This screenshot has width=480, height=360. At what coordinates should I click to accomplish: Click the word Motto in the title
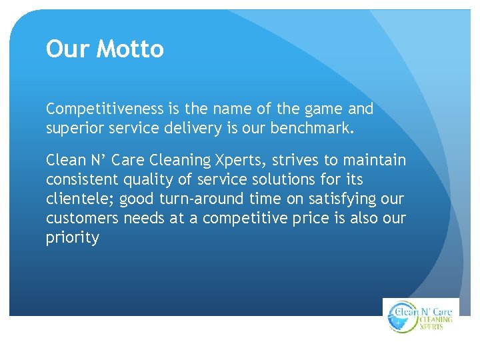(x=130, y=49)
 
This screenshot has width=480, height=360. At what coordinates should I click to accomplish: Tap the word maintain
(x=379, y=161)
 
